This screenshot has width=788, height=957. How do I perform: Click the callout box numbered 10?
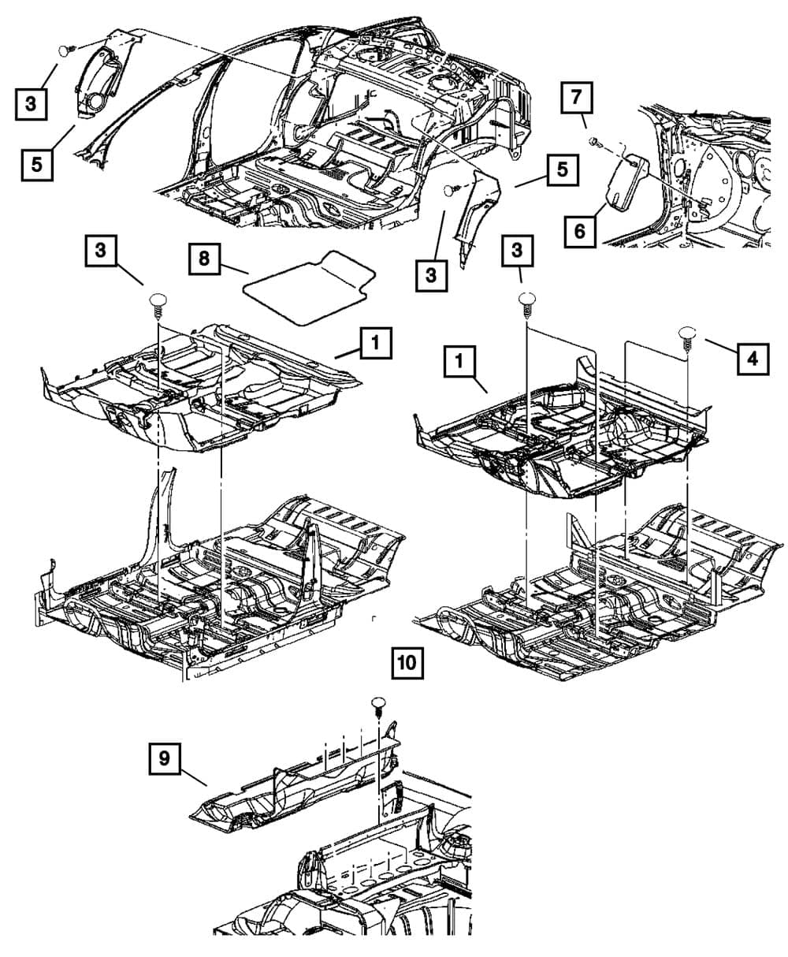click(x=407, y=663)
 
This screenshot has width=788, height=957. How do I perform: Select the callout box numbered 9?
click(x=164, y=758)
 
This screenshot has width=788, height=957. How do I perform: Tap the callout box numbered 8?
click(x=204, y=259)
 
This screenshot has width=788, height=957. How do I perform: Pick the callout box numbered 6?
click(x=579, y=231)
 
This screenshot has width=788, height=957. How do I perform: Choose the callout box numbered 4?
click(x=753, y=359)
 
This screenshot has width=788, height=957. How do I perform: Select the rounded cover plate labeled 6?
click(x=627, y=184)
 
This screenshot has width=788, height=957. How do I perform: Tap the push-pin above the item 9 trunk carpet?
click(x=379, y=705)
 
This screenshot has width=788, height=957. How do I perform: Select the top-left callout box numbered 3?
click(x=30, y=104)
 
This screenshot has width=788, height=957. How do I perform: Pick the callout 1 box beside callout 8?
click(x=376, y=344)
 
